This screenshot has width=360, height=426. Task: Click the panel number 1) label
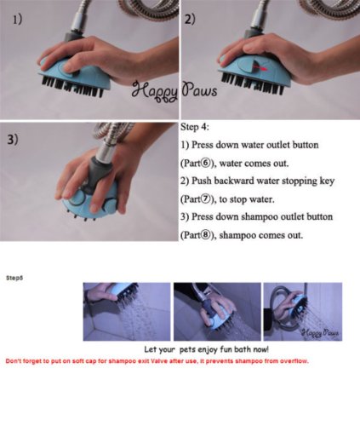(18, 20)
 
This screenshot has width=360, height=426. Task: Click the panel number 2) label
(190, 20)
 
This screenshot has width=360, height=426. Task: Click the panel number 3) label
(13, 139)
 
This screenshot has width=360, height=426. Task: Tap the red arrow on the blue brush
(261, 68)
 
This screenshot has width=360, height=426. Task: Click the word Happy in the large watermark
(155, 91)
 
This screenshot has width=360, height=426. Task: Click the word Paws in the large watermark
(200, 89)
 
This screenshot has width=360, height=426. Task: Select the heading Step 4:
(195, 127)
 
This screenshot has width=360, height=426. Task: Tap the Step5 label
(14, 278)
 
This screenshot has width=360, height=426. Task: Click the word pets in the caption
(187, 349)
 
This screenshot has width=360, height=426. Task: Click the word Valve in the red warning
(159, 361)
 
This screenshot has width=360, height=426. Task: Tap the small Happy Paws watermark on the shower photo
(320, 332)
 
